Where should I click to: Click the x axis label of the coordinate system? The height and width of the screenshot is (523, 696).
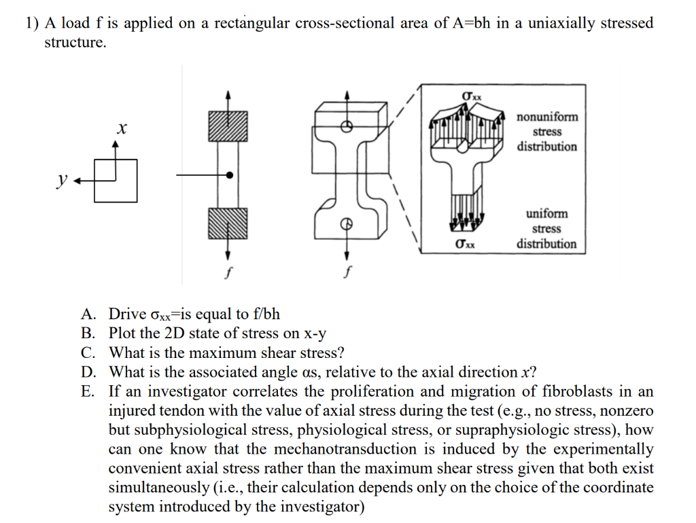click(122, 128)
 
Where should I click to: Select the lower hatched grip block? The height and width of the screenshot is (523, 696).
click(228, 223)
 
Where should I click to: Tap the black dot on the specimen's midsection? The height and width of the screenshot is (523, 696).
click(230, 175)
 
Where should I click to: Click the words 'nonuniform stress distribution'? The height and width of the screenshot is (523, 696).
click(546, 132)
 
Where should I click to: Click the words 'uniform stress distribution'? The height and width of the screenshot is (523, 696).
click(546, 229)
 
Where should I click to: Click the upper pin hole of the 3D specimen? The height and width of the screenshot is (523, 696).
click(346, 126)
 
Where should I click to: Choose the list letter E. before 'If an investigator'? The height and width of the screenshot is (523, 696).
click(87, 391)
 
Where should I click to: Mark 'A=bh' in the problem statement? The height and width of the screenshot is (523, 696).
click(467, 23)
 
